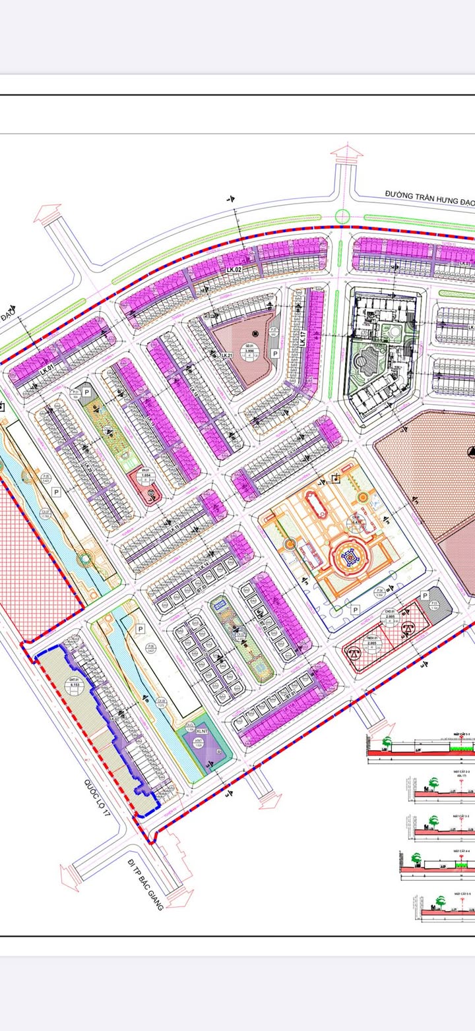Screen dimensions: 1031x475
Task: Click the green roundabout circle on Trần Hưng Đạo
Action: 342,216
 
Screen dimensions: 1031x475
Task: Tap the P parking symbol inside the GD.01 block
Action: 274,353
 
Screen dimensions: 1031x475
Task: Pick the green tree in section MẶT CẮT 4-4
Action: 416,858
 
